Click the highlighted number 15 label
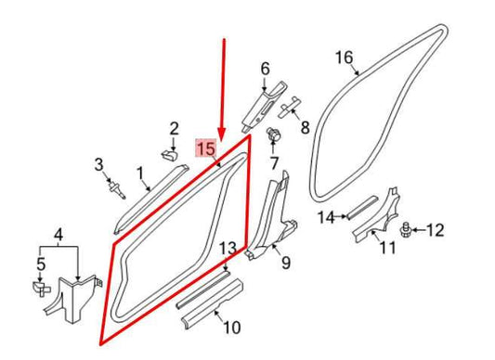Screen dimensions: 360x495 point(205,148)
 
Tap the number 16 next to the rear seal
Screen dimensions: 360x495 point(345,59)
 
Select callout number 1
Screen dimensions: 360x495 point(140,173)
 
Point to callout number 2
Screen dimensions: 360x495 point(173,128)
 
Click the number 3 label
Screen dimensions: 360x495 point(99,165)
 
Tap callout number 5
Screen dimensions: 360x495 point(40,266)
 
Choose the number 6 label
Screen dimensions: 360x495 point(265,69)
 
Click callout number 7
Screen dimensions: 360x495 point(274,163)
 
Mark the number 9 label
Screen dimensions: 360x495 point(285,264)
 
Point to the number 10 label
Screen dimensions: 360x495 point(231,326)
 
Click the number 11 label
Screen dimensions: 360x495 point(388,248)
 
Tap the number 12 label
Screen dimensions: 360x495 point(436,229)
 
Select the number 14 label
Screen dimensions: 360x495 point(325,218)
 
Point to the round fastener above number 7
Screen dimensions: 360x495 point(274,136)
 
